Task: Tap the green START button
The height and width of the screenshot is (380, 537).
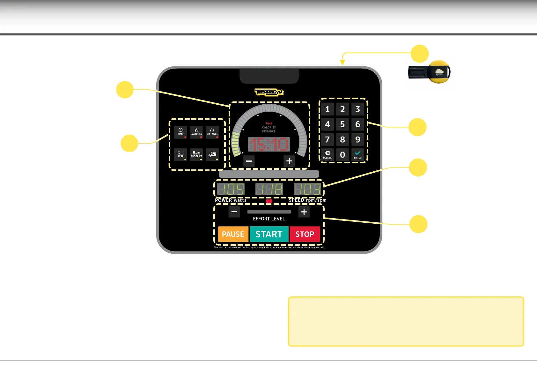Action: click(x=269, y=234)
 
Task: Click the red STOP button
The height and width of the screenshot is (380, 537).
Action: click(x=305, y=234)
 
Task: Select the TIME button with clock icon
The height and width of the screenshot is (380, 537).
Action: click(x=180, y=132)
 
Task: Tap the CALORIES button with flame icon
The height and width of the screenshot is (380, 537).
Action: click(x=196, y=132)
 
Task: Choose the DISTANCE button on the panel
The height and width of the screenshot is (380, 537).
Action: click(x=212, y=132)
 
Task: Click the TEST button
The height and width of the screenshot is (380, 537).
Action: click(x=180, y=154)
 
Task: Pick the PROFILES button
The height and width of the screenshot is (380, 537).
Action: click(x=196, y=154)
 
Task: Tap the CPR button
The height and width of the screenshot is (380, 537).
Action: click(x=212, y=154)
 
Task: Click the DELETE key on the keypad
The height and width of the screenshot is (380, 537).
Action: click(x=327, y=154)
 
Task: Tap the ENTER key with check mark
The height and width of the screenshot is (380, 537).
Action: click(x=357, y=154)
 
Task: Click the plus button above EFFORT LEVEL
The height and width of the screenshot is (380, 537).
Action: click(x=304, y=212)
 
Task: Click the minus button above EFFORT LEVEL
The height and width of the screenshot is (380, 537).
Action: click(x=234, y=212)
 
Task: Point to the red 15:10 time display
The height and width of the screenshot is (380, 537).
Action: click(x=269, y=144)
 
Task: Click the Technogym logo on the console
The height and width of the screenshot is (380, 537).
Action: click(x=269, y=93)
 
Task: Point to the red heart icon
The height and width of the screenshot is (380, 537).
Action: click(x=269, y=201)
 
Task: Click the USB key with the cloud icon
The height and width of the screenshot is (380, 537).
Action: click(x=430, y=72)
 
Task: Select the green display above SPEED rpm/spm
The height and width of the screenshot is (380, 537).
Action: click(x=307, y=189)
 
